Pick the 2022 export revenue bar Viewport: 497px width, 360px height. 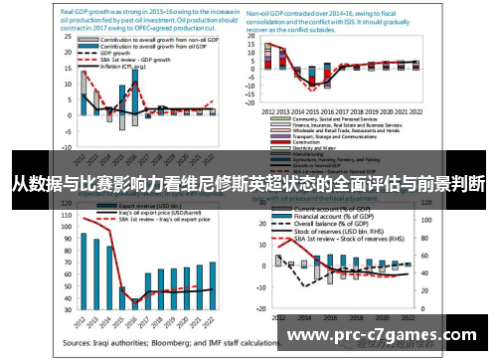pos(212,284)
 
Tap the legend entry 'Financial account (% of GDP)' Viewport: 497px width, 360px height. pos(338,215)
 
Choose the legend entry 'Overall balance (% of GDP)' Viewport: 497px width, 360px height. pos(338,224)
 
